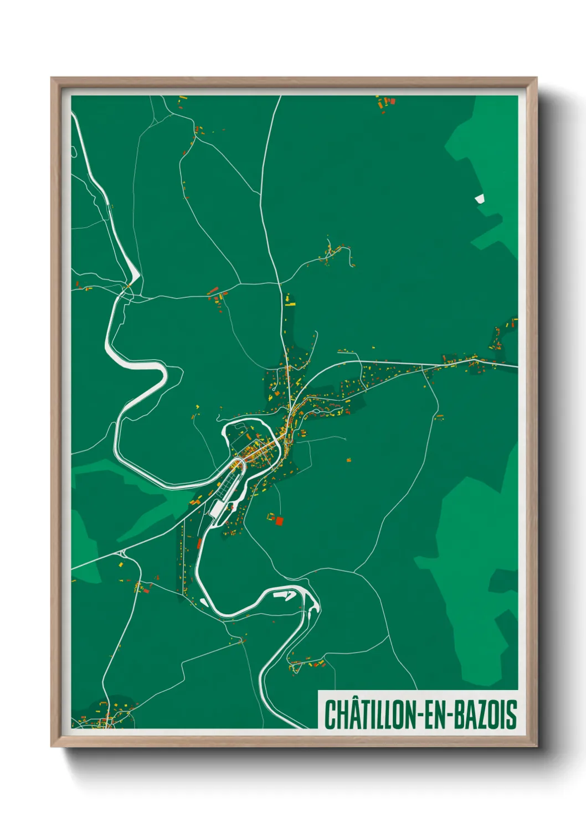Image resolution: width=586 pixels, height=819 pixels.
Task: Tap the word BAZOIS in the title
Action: [x=487, y=714]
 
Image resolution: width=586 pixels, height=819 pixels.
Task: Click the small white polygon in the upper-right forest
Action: [x=479, y=198]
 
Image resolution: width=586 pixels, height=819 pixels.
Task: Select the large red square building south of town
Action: [x=279, y=521]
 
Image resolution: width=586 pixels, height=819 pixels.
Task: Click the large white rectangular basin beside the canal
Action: [x=216, y=509]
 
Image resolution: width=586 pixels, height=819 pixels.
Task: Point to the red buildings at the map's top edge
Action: [x=386, y=102]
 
